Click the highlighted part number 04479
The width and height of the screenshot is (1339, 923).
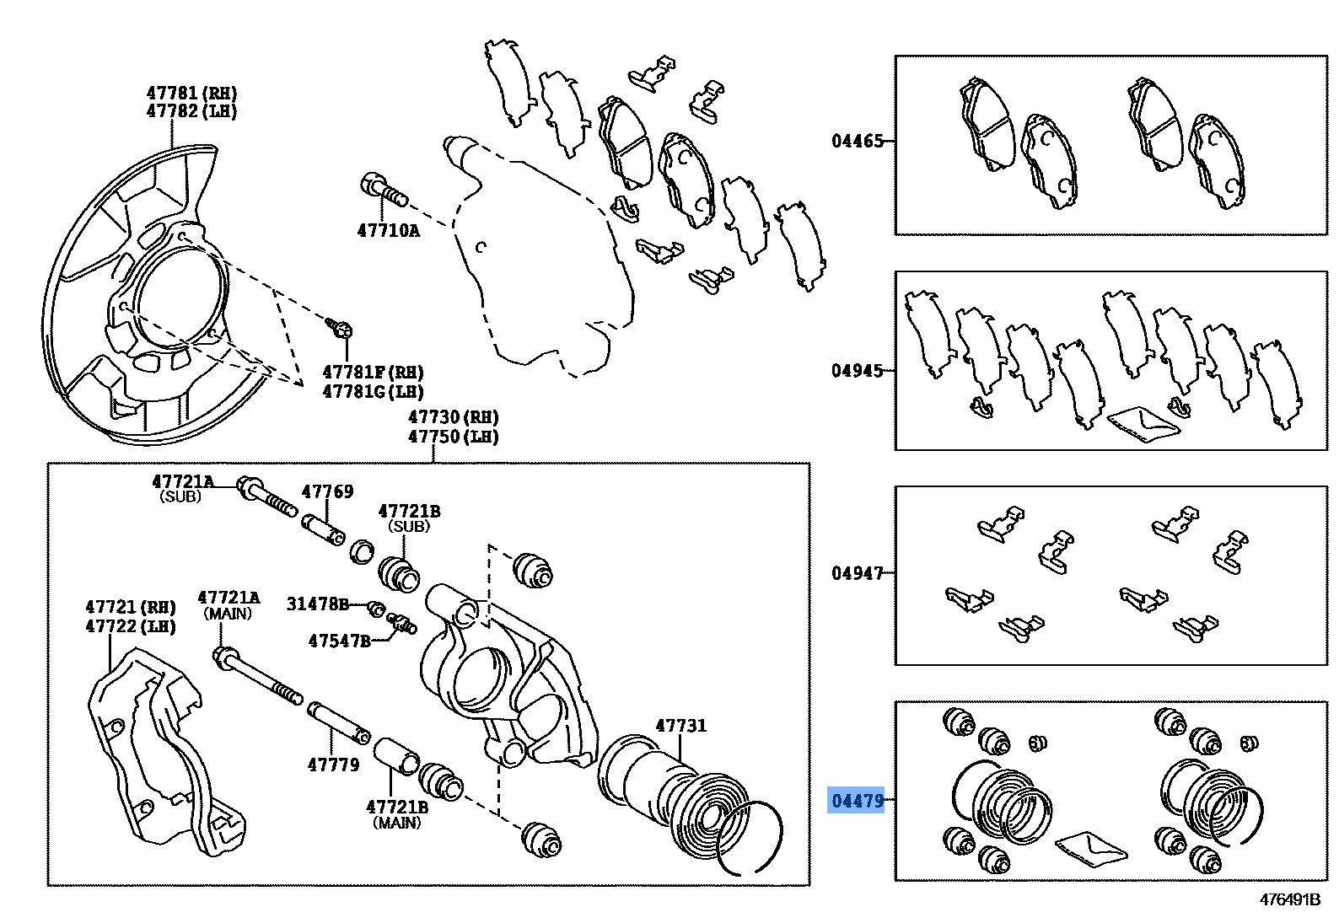click(x=857, y=801)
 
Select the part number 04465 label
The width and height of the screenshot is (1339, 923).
click(x=857, y=142)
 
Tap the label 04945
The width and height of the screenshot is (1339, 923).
click(x=857, y=371)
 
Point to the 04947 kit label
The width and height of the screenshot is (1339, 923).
click(x=857, y=573)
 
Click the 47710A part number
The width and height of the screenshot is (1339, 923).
click(x=388, y=230)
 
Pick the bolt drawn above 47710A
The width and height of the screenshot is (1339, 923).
click(x=384, y=190)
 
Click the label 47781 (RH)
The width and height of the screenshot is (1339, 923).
click(x=191, y=93)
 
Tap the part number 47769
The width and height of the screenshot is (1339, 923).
click(x=327, y=491)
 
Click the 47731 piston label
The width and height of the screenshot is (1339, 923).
click(x=680, y=726)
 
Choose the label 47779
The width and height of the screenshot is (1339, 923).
click(x=333, y=765)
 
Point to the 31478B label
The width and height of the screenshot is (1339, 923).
click(x=317, y=604)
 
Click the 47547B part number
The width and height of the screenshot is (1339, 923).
click(x=339, y=641)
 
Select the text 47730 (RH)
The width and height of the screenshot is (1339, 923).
click(x=453, y=417)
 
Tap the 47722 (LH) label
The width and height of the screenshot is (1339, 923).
click(x=130, y=626)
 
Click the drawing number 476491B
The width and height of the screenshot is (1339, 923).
click(x=1289, y=899)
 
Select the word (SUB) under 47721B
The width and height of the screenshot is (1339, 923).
click(x=409, y=527)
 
